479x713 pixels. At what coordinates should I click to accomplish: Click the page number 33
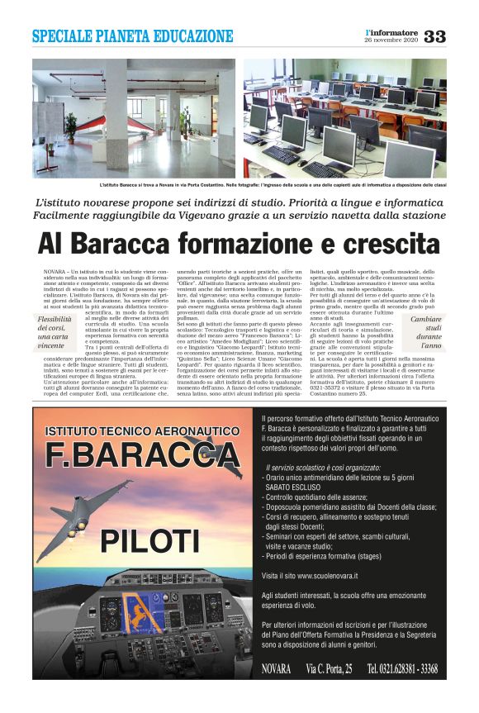click(434, 37)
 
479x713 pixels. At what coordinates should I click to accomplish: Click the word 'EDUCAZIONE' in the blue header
click(192, 36)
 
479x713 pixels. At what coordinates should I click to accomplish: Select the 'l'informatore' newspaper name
click(391, 32)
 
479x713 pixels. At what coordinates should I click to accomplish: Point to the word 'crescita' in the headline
click(393, 245)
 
